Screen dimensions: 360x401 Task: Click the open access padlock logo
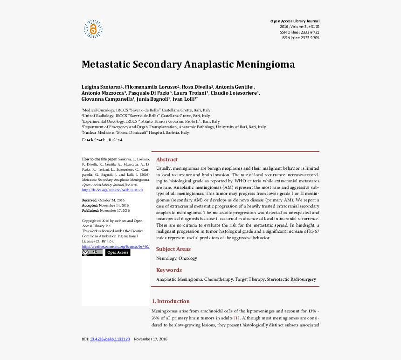tap(93, 29)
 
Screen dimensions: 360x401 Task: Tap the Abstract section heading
tap(167, 159)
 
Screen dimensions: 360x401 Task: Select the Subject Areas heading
tap(173, 249)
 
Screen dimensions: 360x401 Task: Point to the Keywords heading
tap(169, 270)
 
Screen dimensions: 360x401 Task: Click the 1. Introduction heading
tap(171, 301)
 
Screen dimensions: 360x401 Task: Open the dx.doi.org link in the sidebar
tap(112, 190)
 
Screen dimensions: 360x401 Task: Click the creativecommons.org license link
tap(116, 246)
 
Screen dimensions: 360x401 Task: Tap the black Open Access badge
tap(118, 253)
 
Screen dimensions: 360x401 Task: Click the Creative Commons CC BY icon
tap(92, 253)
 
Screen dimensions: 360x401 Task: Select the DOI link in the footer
tap(111, 339)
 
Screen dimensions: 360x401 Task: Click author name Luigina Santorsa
tap(102, 87)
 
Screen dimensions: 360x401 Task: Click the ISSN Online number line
tap(299, 32)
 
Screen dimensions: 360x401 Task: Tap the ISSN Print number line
tap(301, 38)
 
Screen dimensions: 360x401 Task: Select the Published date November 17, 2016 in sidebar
tap(114, 210)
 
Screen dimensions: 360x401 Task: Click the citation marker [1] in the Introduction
tap(237, 318)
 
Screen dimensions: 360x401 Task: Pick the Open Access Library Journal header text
tap(295, 21)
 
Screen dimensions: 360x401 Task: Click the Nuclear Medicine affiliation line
tap(135, 132)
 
